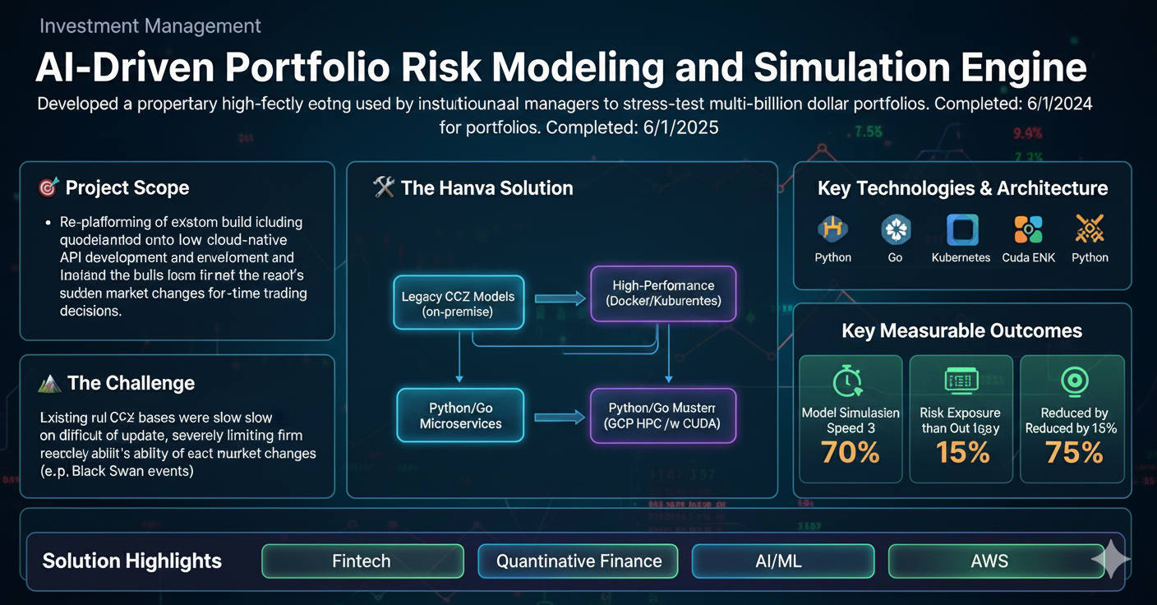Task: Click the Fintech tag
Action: click(362, 561)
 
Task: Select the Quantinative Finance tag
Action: click(578, 561)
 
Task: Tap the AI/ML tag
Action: click(782, 561)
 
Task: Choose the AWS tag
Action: click(989, 561)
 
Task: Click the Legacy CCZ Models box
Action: click(458, 303)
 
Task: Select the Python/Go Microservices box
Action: click(460, 416)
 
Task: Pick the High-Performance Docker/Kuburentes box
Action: click(663, 293)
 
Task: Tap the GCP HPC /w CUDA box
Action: click(662, 416)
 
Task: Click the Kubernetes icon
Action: click(961, 230)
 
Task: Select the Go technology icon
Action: click(895, 230)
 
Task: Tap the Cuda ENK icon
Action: click(1027, 230)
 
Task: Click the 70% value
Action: click(850, 453)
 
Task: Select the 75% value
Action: click(1073, 453)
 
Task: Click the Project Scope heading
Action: click(127, 188)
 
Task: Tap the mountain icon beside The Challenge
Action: click(50, 383)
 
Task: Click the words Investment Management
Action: click(150, 25)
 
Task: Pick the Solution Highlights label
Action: click(131, 561)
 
